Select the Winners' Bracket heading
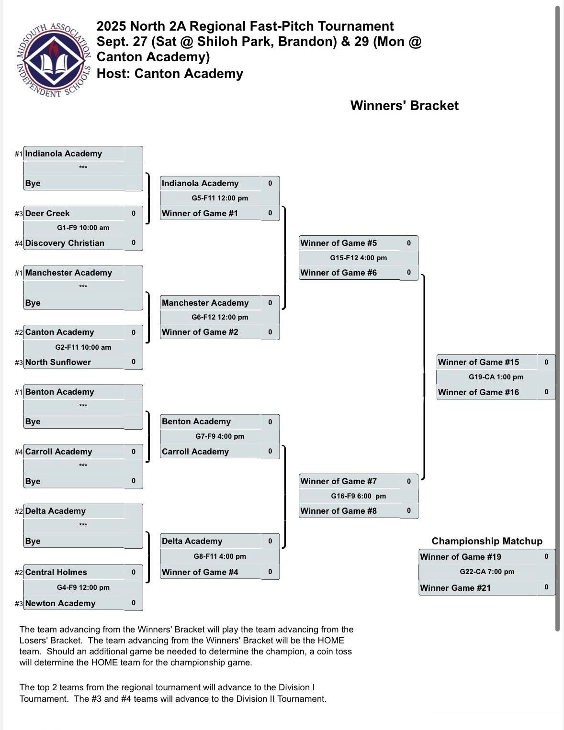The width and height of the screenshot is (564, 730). [404, 106]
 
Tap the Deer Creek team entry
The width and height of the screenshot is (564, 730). [47, 213]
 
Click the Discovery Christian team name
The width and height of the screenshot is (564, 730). [65, 243]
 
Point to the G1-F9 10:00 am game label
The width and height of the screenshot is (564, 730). [83, 228]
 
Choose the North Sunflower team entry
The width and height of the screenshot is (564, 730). [58, 362]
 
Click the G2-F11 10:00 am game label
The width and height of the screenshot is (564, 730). [83, 347]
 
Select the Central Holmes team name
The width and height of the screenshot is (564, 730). [56, 572]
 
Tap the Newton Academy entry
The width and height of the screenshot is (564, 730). [60, 603]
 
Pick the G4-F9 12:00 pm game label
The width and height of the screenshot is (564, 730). [83, 587]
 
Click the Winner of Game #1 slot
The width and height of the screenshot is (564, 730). [200, 213]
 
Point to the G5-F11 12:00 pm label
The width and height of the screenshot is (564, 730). [220, 198]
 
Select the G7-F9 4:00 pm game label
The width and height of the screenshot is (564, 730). [220, 436]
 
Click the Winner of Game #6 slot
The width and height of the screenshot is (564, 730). [338, 273]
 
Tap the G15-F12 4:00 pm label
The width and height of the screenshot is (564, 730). [358, 258]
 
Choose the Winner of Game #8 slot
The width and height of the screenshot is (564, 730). [338, 511]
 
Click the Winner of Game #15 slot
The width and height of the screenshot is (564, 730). [478, 362]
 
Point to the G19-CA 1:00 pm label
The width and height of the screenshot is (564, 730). [496, 377]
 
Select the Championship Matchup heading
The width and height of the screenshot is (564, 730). [487, 541]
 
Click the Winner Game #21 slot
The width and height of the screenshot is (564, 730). [455, 588]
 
